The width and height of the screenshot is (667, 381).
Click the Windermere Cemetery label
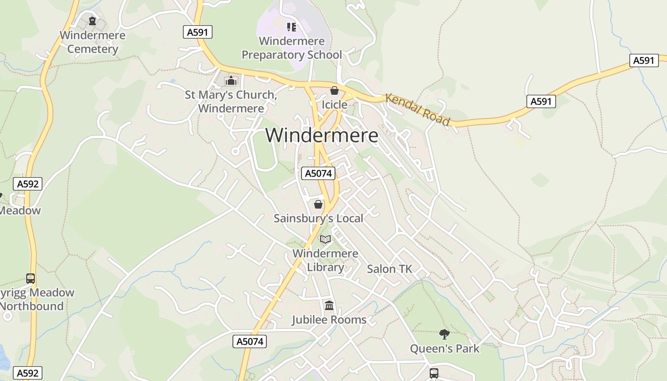coord(92,42)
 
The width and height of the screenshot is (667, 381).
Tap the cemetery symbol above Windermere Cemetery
coord(92,21)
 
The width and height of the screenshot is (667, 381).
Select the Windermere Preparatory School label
coord(292,48)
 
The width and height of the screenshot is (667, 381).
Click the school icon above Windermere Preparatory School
coord(291,27)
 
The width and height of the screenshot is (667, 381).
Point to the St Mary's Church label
coord(231,101)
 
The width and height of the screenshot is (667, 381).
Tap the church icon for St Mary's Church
coord(231,80)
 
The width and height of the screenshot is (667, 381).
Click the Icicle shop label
coord(334,104)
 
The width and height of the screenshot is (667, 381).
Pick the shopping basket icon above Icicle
coord(334,90)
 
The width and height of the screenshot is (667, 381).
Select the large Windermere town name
coord(322,136)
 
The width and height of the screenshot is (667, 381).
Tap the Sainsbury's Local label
coord(318,219)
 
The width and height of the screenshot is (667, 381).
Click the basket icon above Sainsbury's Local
coord(318,204)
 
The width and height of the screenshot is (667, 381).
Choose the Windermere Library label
coord(325,260)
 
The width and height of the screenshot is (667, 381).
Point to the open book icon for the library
coord(325,239)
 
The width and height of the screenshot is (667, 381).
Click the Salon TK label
coord(389,269)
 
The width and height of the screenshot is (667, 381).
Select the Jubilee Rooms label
coord(329,320)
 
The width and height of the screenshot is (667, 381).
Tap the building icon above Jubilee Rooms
coord(329,305)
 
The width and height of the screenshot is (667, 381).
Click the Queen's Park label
coord(445,349)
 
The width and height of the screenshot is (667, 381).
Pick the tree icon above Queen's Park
coord(445,334)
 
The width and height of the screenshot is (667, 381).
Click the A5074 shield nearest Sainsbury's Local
coord(318,173)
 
